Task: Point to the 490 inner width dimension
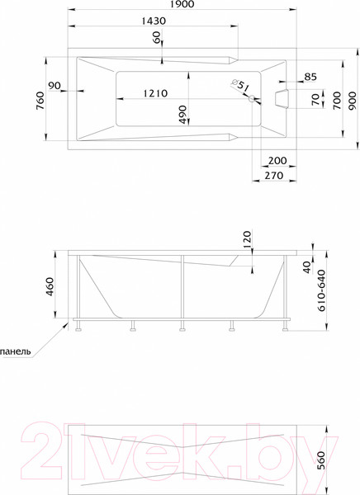click(x=183, y=112)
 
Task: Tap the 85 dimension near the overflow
click(x=310, y=78)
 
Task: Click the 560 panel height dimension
click(x=334, y=460)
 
